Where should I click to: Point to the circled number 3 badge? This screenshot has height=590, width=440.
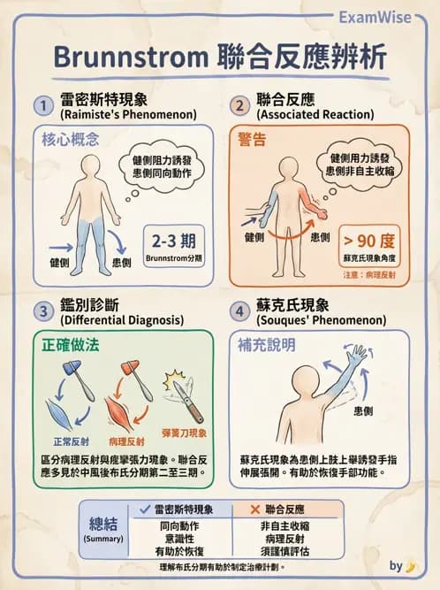tap(41, 310)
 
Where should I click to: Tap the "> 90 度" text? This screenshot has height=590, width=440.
tap(371, 239)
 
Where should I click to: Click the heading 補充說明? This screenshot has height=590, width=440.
tap(266, 345)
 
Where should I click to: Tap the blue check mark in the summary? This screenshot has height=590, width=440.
tap(145, 510)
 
